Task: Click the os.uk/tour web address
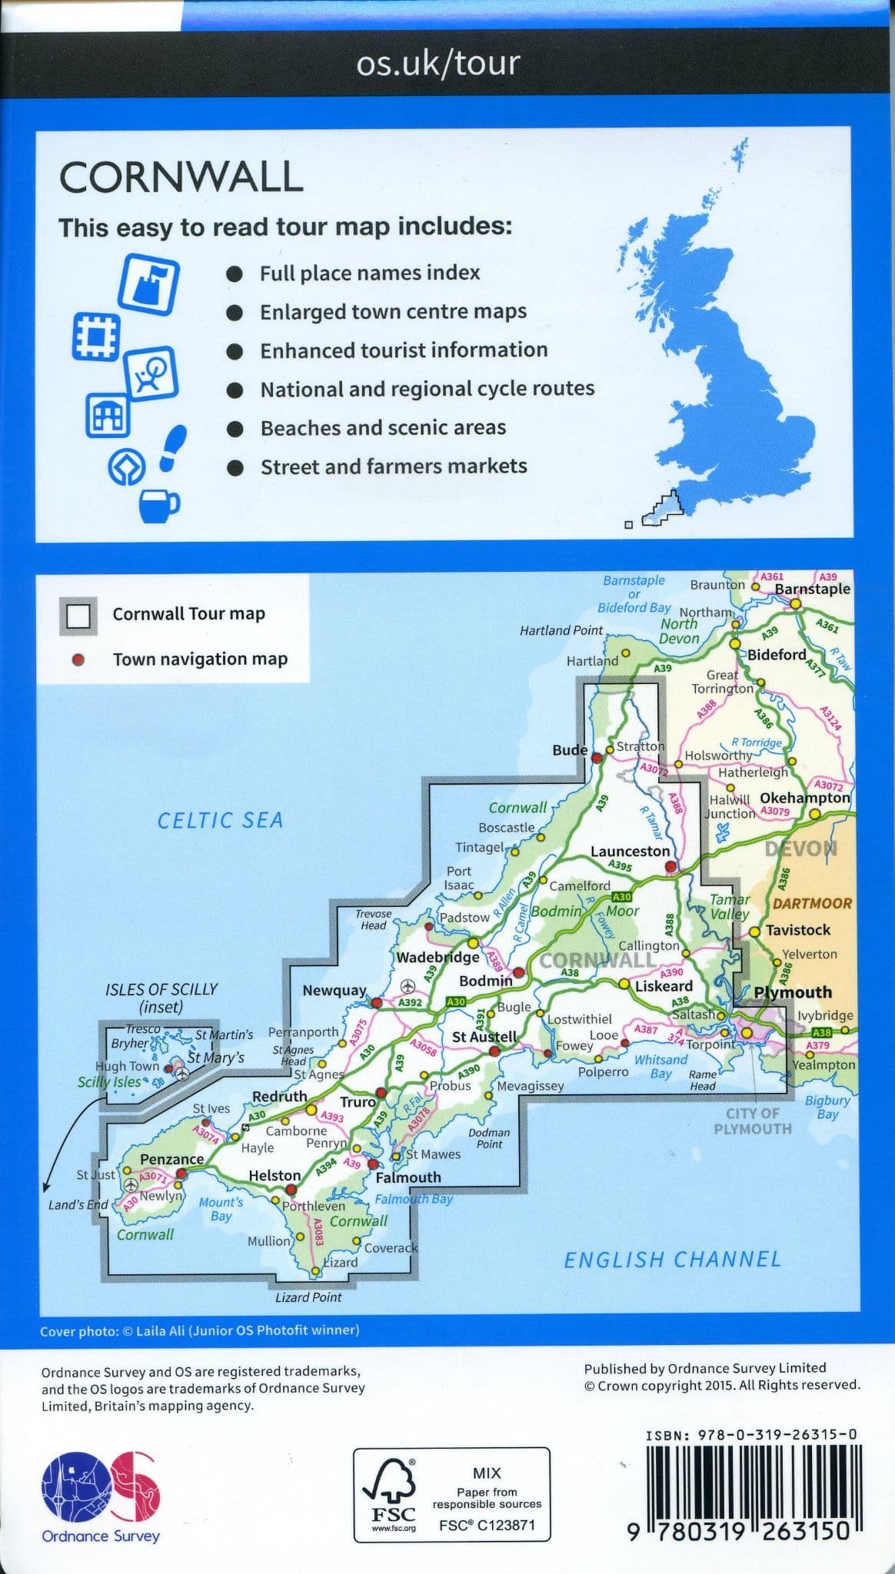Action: click(x=438, y=63)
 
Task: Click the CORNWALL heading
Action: click(x=181, y=178)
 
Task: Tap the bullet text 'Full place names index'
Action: click(x=369, y=273)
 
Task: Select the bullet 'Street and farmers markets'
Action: click(x=393, y=467)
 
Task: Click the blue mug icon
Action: click(x=158, y=503)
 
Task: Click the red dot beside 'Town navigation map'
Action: click(x=78, y=659)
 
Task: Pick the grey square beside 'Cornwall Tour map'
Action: click(x=78, y=616)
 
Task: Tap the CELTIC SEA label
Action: click(x=220, y=821)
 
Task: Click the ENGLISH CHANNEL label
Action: click(x=672, y=1260)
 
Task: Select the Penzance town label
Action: click(x=171, y=1159)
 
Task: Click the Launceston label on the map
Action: click(x=630, y=852)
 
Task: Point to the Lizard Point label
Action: click(x=308, y=1297)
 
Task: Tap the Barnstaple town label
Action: click(x=812, y=589)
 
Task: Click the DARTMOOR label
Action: click(x=812, y=904)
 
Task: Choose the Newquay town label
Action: click(x=334, y=991)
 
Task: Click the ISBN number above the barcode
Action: click(x=751, y=1434)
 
